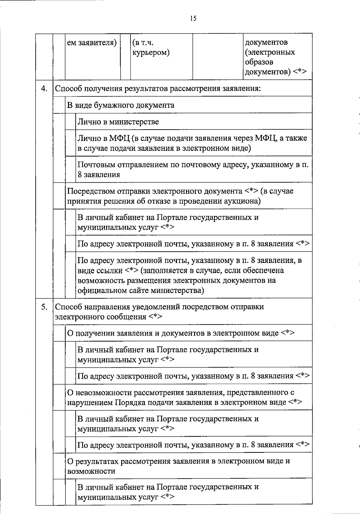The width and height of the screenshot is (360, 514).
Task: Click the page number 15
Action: [193, 19]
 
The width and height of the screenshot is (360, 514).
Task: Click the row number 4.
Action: [44, 89]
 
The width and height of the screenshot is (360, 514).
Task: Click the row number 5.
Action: [44, 307]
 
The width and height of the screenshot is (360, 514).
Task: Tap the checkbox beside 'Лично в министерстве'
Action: [70, 121]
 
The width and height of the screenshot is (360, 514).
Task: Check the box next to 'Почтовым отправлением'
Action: [70, 169]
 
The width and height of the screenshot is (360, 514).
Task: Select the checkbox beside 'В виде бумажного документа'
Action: [59, 105]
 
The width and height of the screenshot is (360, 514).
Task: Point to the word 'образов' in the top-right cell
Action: [259, 62]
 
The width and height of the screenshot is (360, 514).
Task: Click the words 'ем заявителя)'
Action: [92, 43]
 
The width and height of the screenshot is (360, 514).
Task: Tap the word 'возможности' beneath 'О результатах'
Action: [91, 471]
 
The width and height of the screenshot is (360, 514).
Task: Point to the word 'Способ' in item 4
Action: [68, 89]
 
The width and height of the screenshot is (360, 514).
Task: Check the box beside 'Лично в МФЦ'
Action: [70, 143]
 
